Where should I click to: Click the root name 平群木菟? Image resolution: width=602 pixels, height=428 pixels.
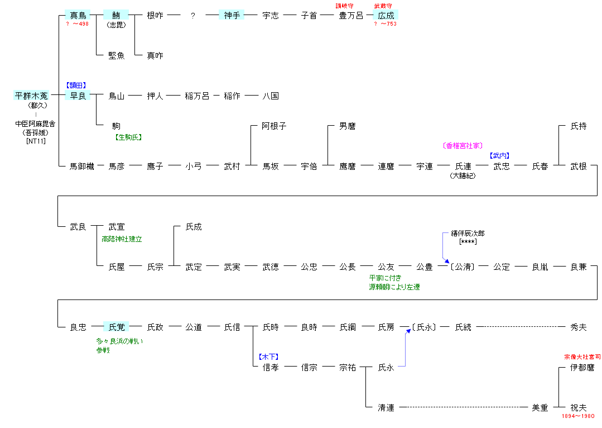click(x=31, y=96)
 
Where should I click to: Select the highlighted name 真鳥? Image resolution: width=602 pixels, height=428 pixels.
click(x=78, y=15)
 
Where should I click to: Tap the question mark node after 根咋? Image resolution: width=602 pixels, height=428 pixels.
click(x=193, y=16)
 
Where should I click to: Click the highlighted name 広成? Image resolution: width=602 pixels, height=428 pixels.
click(x=386, y=15)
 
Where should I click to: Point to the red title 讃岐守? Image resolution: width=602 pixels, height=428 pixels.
click(x=344, y=6)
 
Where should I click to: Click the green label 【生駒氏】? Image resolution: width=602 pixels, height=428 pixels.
click(x=128, y=137)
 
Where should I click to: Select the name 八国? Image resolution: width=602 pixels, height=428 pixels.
click(x=271, y=96)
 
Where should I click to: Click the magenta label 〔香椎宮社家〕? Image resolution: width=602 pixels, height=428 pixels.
click(x=462, y=146)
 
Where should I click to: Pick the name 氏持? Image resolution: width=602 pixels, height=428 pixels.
click(x=579, y=126)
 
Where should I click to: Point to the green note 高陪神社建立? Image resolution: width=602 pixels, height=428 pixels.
click(x=122, y=239)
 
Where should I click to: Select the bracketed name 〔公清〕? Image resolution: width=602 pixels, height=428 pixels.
click(x=463, y=267)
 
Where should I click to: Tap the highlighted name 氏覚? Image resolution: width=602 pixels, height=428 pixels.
click(x=117, y=327)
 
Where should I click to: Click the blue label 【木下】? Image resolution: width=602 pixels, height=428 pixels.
click(x=268, y=356)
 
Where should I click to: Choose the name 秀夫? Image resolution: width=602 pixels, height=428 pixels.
click(x=579, y=327)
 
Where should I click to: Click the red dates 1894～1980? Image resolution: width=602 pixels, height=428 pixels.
click(x=578, y=416)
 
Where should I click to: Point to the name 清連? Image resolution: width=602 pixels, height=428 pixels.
click(x=386, y=407)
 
